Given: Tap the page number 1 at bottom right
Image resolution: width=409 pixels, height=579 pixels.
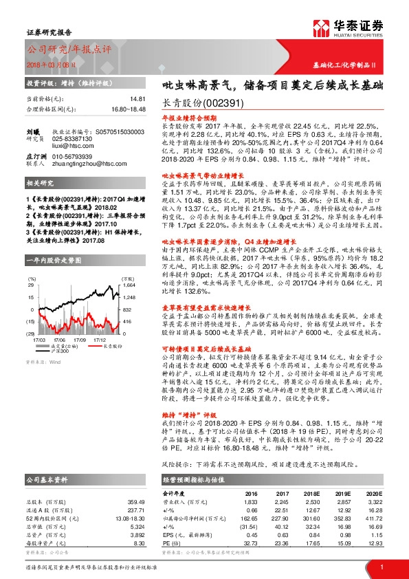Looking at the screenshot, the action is tap(380, 566).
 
